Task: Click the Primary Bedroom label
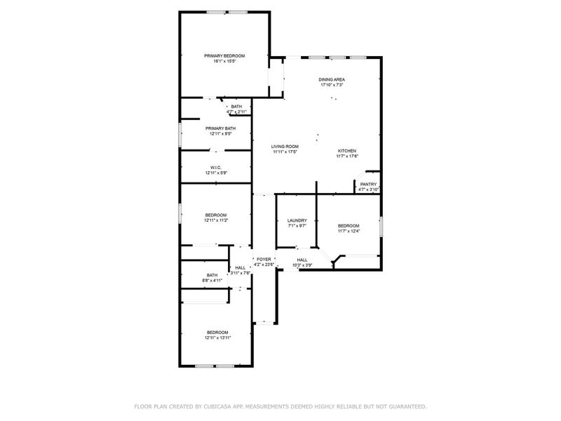click(x=224, y=55)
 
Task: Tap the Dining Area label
click(x=332, y=79)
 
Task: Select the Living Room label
click(x=285, y=146)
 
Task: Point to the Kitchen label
click(x=347, y=151)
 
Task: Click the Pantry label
click(x=368, y=184)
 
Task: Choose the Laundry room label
click(x=297, y=220)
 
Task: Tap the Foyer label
click(x=263, y=260)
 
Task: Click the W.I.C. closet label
click(x=215, y=167)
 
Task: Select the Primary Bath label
click(x=220, y=128)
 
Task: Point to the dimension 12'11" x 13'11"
click(x=217, y=338)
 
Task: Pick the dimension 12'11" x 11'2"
click(x=216, y=220)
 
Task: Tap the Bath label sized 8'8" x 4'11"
click(x=212, y=275)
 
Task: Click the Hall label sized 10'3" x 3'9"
click(x=302, y=260)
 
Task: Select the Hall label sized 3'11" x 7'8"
click(x=241, y=267)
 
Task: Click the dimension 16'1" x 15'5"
click(x=224, y=61)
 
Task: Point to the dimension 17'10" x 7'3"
click(x=332, y=85)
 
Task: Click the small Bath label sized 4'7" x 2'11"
click(x=236, y=107)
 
